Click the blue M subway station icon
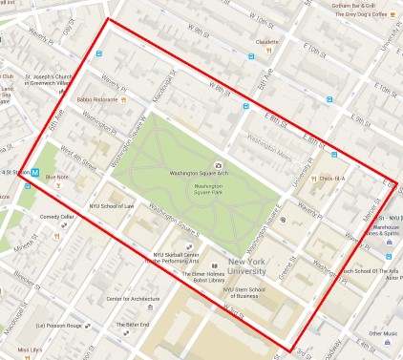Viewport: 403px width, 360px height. tap(35, 173)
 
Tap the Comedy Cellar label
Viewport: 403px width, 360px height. tap(56, 217)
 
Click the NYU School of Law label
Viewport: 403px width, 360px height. tap(112, 205)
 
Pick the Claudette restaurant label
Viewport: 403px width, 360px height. tap(266, 42)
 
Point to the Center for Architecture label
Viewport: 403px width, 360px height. tap(134, 299)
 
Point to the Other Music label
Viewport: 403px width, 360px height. tap(384, 333)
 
